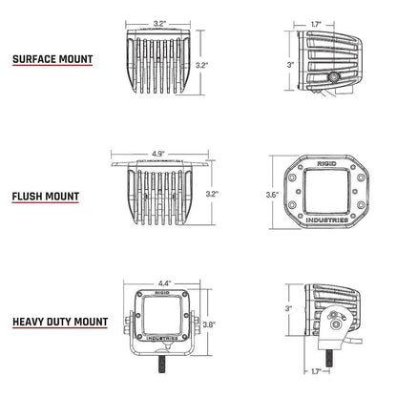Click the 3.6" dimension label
(x=272, y=196)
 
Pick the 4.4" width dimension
(x=164, y=282)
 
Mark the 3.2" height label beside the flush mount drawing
(x=212, y=194)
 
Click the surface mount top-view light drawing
(x=161, y=63)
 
